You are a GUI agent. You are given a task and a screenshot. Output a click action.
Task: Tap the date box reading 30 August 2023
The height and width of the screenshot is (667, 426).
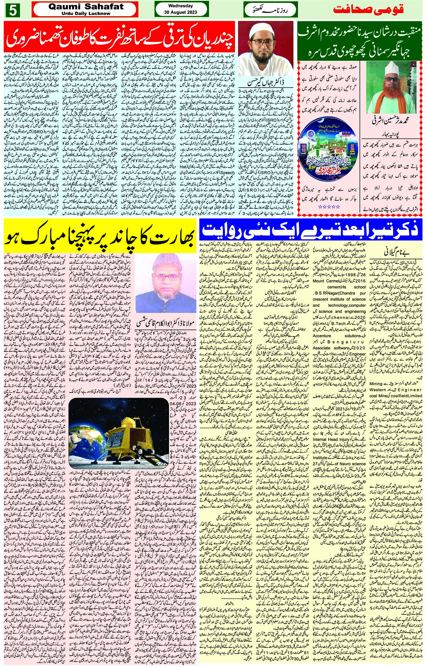click(x=181, y=9)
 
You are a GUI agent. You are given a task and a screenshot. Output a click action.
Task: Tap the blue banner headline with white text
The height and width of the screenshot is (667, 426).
click(x=311, y=231)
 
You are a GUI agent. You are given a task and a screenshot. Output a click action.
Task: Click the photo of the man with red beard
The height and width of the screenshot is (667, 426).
click(x=386, y=88)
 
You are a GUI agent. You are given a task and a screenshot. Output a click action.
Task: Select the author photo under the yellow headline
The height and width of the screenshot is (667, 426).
click(x=165, y=283)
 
